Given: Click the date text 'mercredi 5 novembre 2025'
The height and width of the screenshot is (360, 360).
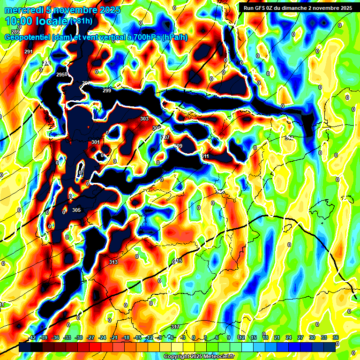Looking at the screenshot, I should coord(62,10).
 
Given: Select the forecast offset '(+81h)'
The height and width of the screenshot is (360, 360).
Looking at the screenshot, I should coord(81,21).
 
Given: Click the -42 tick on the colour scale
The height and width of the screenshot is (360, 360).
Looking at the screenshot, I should coord(32,337).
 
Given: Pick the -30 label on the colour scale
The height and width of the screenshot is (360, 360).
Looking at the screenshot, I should coord(79,337).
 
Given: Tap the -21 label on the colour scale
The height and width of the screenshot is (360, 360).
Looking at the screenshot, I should coord(114,337).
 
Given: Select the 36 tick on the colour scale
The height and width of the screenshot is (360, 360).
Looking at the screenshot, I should coord(335,337).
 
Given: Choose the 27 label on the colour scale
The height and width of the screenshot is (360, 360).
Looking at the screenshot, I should coord(300,337).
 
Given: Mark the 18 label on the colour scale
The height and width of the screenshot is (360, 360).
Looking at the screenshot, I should coord(265,337).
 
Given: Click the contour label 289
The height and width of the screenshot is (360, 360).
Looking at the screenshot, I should coord(16,32).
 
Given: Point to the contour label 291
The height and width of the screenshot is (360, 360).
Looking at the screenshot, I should coord(29,52).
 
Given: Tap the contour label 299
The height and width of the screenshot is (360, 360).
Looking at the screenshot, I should coord(107,90).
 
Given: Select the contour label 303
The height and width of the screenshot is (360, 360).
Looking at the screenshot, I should coord(144,119).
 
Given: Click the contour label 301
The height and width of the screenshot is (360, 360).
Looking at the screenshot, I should coord(96,142).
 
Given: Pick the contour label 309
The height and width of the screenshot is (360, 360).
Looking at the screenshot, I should coord(178,146).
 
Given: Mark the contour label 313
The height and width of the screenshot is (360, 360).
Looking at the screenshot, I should coord(113,262).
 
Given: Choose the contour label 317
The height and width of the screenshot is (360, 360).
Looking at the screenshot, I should coord(175,327).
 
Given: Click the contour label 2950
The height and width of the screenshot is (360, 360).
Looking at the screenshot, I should coord(62,75).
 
